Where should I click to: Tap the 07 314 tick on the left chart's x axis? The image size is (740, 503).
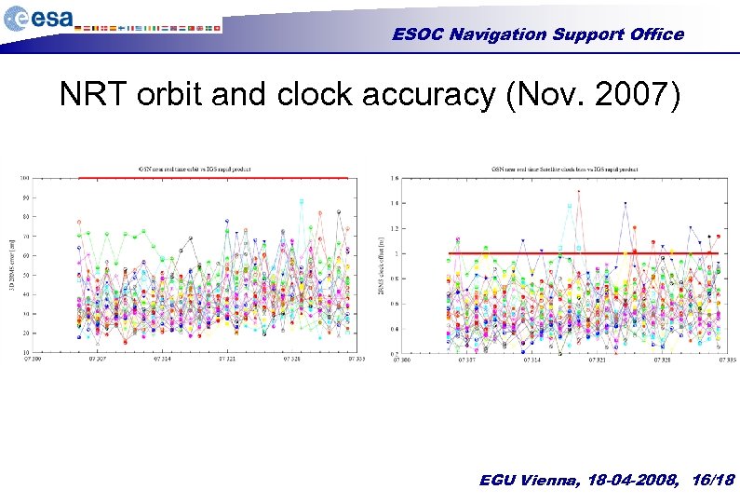coord(164,358)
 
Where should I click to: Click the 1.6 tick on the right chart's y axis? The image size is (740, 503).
coord(395,178)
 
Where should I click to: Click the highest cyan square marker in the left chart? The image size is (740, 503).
coord(301,200)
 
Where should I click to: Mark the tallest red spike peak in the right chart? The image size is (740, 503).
coord(578,192)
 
